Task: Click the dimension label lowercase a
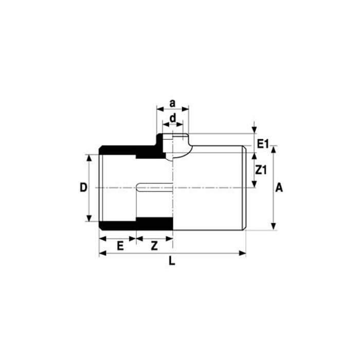pos(172,103)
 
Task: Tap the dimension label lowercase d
pos(173,118)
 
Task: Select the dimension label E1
pos(263,144)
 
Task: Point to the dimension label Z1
pos(261,170)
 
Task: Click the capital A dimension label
pos(279,188)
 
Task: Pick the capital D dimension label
pos(83,187)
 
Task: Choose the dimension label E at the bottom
pos(120,246)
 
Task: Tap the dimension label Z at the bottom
pos(154,246)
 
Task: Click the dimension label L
pos(172,261)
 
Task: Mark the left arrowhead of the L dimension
pos(103,253)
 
